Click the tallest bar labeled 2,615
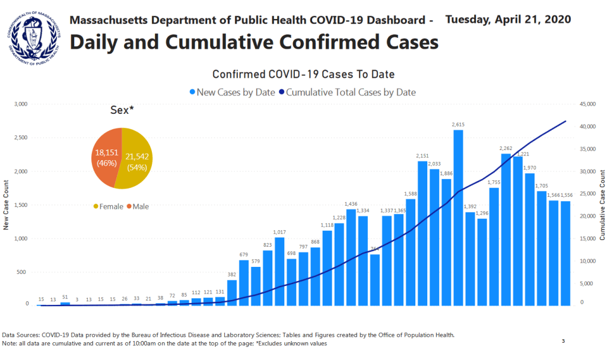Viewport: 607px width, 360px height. tap(458, 217)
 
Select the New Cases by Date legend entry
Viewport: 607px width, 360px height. tap(232, 93)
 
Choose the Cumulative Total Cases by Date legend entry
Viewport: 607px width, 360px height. tap(351, 93)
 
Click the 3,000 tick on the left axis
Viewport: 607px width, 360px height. tap(21, 104)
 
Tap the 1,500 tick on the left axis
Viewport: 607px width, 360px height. tap(21, 205)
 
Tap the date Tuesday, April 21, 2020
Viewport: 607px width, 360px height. tap(508, 19)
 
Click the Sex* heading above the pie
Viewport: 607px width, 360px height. tap(122, 110)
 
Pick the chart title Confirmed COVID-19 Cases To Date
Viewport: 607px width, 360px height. tap(303, 74)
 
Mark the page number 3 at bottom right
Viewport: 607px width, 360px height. tap(563, 342)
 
